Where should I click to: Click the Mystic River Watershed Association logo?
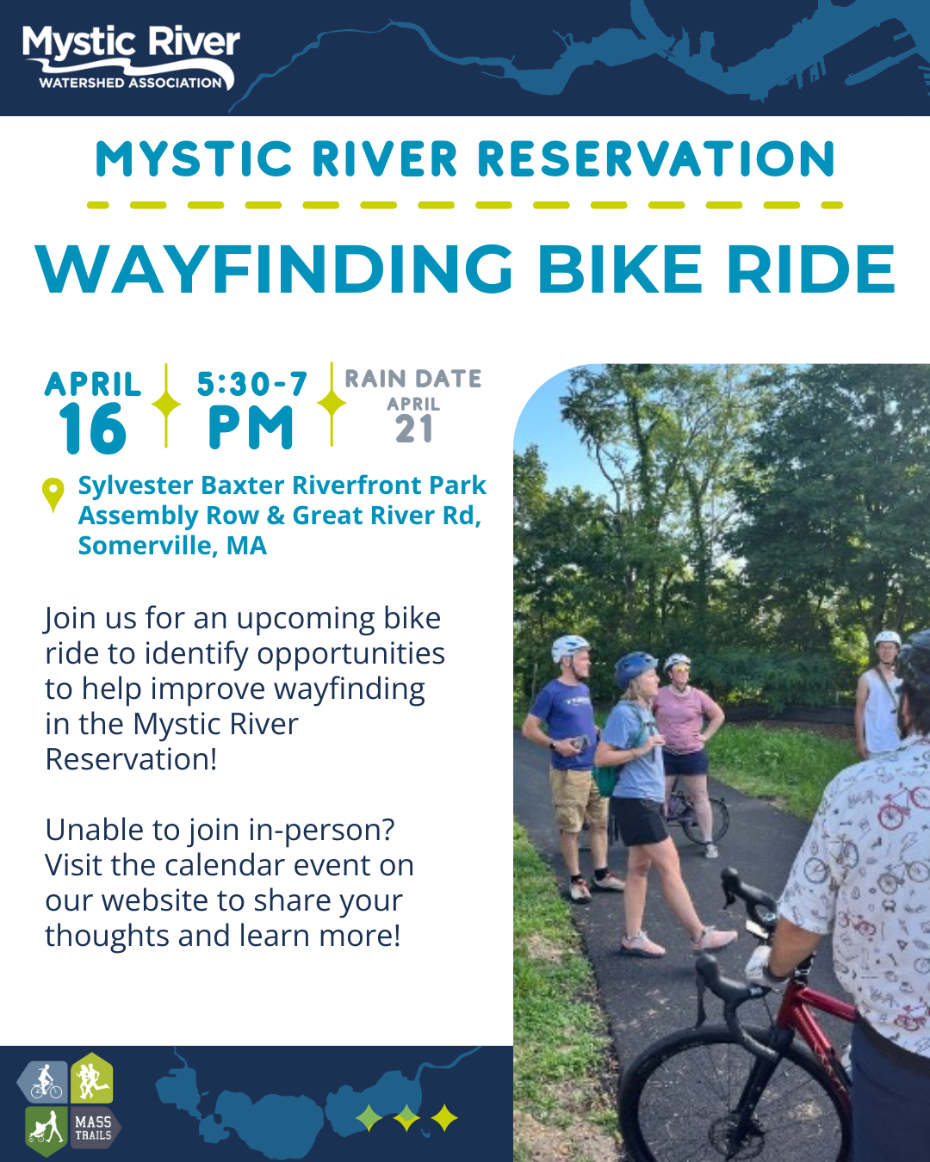pos(131,58)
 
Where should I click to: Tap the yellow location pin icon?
pos(53,492)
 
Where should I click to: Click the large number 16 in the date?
pos(92,429)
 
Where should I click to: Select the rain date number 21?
pos(414,429)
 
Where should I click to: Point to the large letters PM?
pos(251,428)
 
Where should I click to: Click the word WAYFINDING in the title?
pos(275,269)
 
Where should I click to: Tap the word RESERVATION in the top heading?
pos(656,160)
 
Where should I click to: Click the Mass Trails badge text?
pos(93,1128)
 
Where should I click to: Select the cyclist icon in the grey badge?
pos(46,1082)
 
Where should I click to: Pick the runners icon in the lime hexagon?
pos(90,1079)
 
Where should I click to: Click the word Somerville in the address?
pos(147,546)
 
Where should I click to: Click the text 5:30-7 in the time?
pos(251,384)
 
